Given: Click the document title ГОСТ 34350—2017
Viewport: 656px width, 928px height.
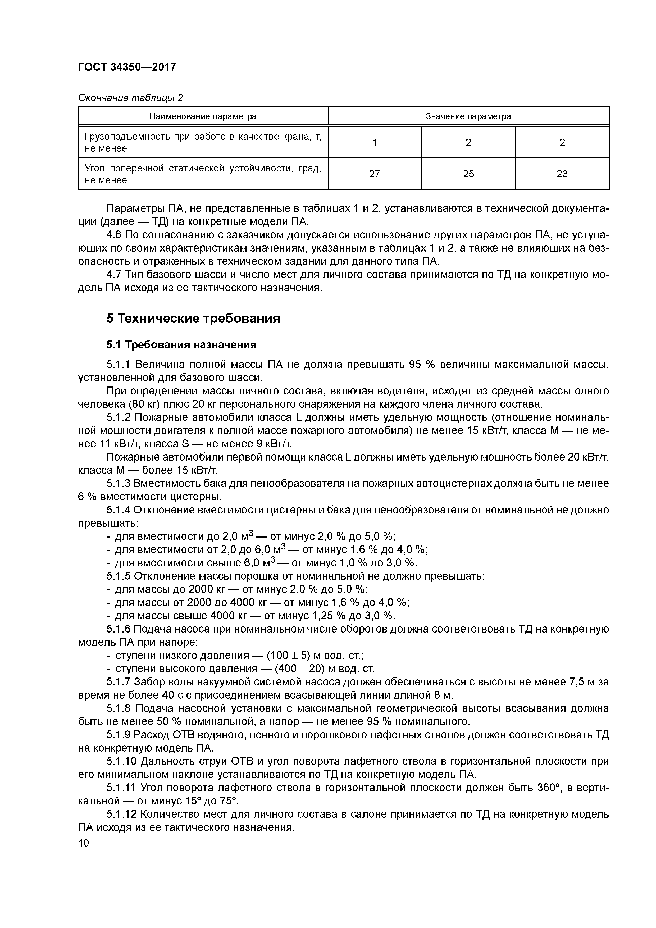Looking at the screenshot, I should coord(127,67).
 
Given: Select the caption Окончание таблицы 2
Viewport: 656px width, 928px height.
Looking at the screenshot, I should coord(130,98).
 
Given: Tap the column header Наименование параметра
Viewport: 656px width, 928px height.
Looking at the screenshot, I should coord(203,116).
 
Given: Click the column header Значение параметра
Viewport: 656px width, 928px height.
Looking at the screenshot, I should coord(468,116).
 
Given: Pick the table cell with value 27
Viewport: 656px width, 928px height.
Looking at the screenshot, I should coord(374,174).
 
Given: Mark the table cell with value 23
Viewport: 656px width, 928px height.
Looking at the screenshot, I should coord(562,174).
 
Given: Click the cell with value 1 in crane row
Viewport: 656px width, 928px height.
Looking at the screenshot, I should coord(374,142).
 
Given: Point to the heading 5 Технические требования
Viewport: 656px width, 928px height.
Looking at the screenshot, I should coord(193,319).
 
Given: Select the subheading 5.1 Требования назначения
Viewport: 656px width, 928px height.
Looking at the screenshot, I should coord(181,345).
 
